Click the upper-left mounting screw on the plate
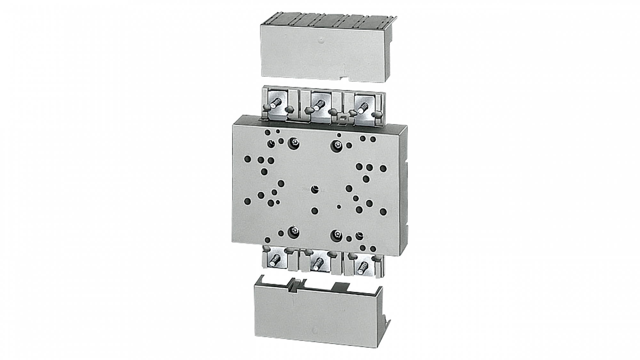(x=294, y=143)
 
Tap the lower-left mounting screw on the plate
(x=294, y=232)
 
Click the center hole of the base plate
(x=315, y=189)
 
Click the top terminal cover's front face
(x=325, y=54)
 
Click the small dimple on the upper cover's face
(x=321, y=41)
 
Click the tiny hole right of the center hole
(x=339, y=207)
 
